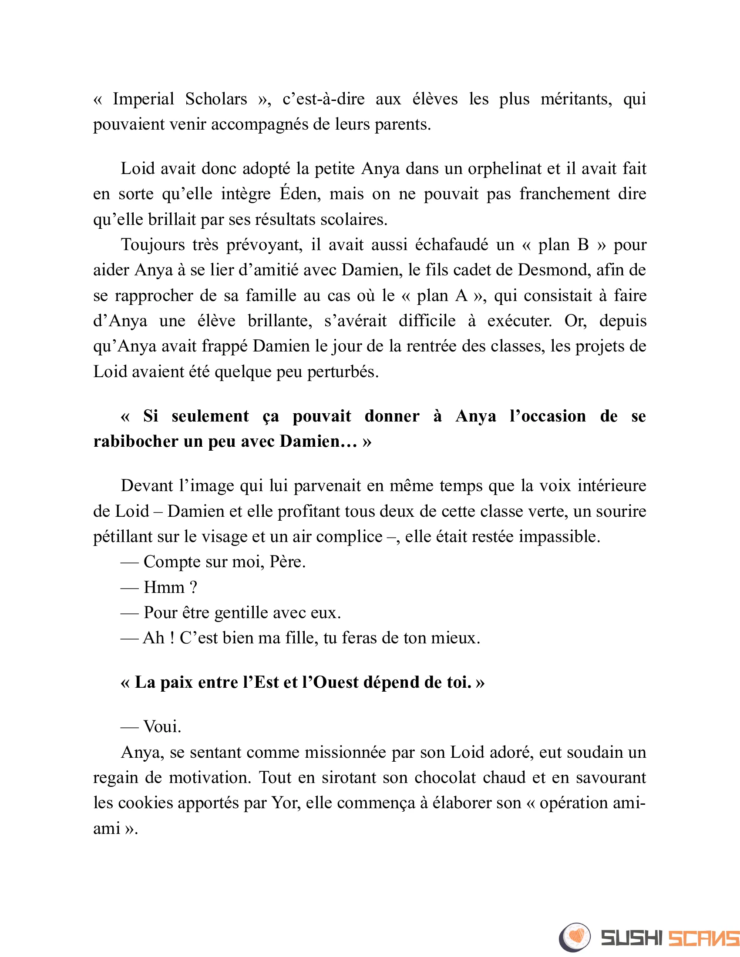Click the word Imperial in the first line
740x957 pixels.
coord(143,99)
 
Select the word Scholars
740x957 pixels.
coord(216,99)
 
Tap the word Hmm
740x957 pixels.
coord(164,587)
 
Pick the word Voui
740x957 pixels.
coord(162,727)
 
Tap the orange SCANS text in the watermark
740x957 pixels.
coord(703,938)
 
